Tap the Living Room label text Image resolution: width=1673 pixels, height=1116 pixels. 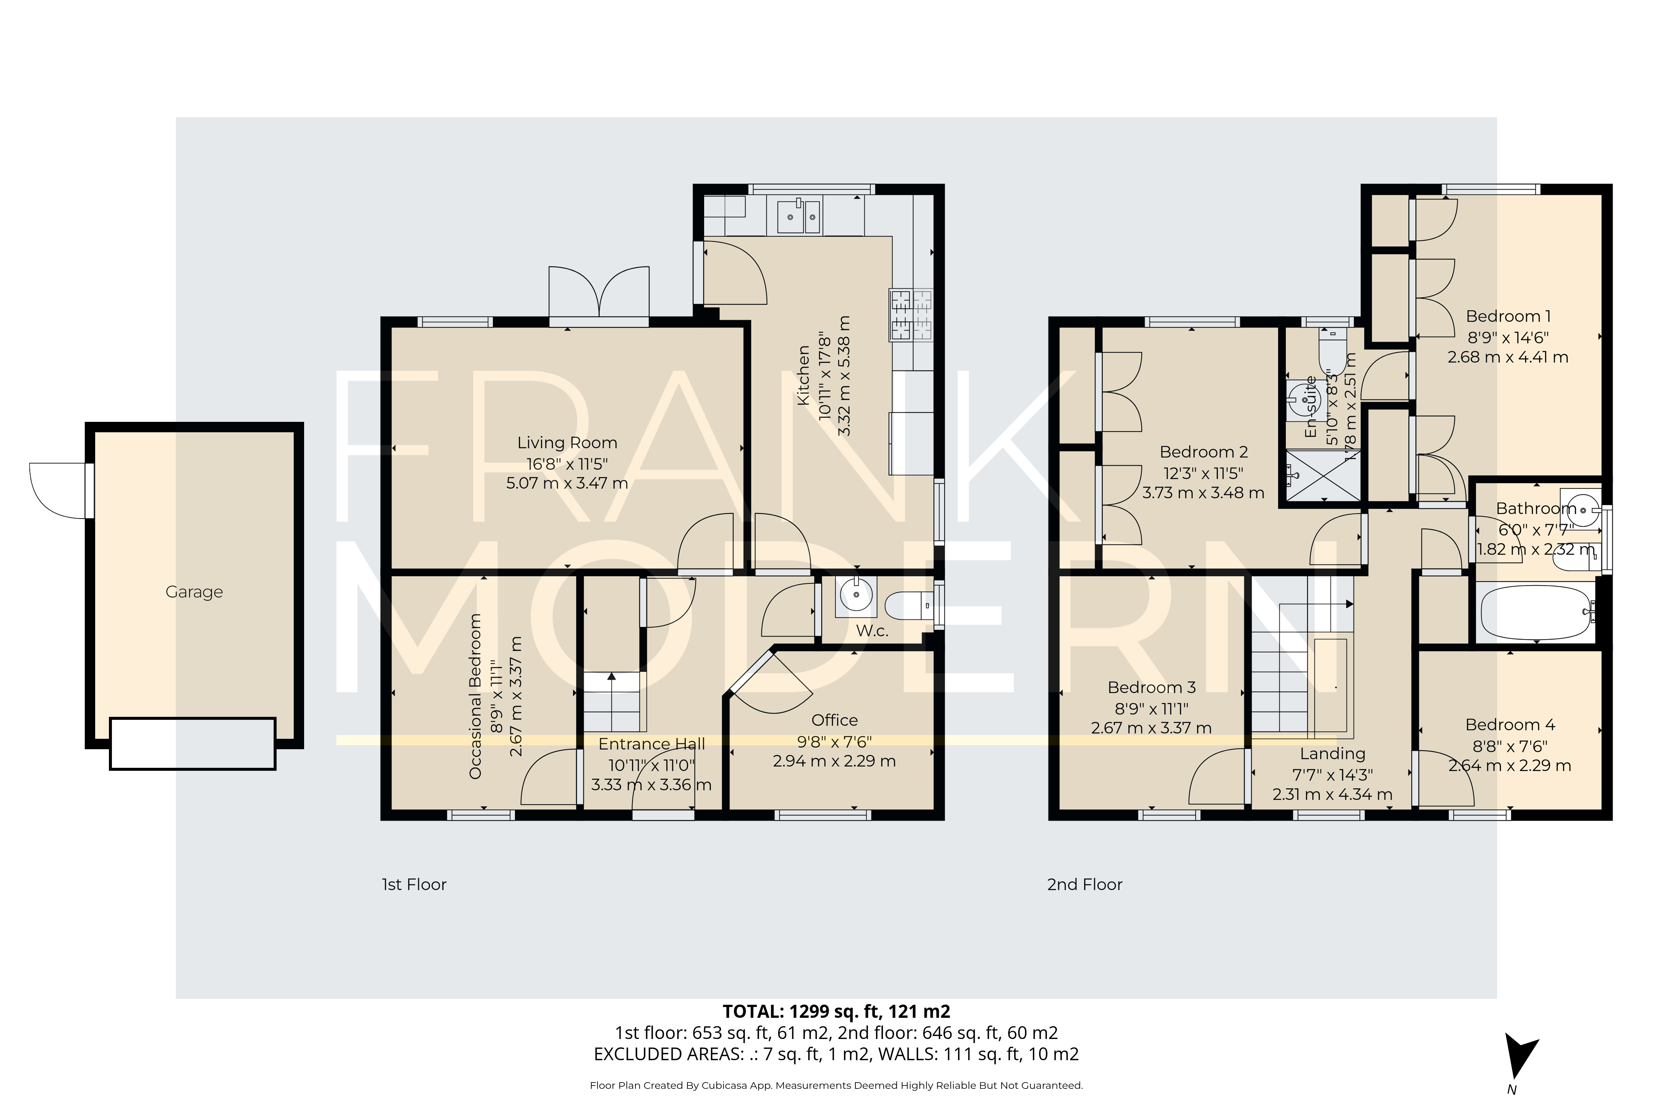point(567,443)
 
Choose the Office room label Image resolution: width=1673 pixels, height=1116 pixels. point(834,720)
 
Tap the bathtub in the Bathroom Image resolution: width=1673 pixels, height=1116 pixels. point(1536,612)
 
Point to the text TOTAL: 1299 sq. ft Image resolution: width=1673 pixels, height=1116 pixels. point(836,1011)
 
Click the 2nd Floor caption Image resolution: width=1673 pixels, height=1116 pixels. point(1084,885)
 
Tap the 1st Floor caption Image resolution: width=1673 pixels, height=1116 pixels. point(414,885)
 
